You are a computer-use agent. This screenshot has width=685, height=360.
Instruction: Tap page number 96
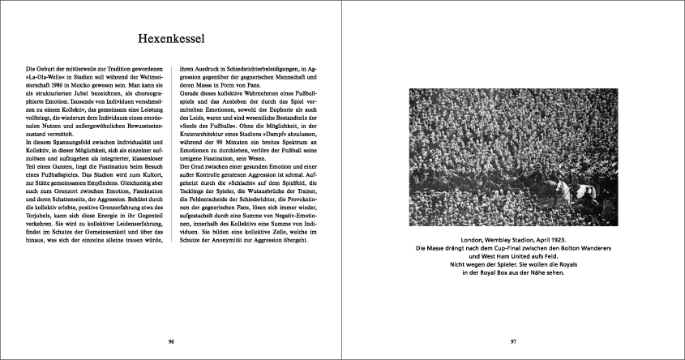click(171, 341)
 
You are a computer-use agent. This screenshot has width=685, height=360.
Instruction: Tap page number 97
click(513, 341)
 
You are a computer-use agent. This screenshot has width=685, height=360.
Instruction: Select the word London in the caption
click(474, 241)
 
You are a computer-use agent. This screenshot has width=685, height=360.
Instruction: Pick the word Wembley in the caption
click(503, 241)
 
